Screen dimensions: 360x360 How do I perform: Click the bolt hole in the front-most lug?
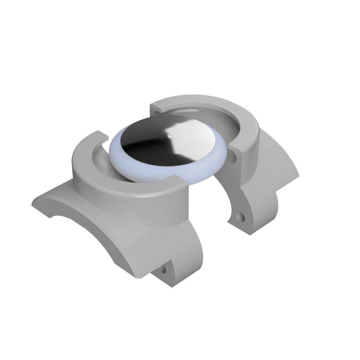pos(163,269)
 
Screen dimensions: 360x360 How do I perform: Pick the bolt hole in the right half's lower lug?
pos(239,217)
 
